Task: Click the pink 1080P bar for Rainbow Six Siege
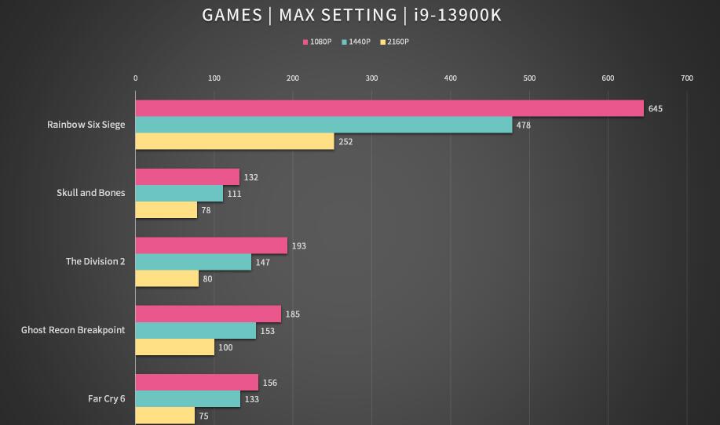(x=389, y=108)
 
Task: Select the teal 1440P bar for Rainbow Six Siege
(x=323, y=125)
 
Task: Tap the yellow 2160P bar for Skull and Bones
(x=166, y=210)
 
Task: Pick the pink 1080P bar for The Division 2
(x=211, y=245)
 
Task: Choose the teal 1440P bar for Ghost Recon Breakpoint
(x=196, y=331)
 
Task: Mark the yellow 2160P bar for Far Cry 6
(x=165, y=416)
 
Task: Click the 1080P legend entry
(x=318, y=42)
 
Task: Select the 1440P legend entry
(x=356, y=42)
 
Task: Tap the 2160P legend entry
(x=395, y=42)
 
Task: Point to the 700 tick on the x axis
(x=687, y=78)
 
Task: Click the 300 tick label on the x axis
(x=371, y=78)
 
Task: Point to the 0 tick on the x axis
(x=136, y=78)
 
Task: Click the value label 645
(x=656, y=108)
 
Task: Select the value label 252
(x=346, y=142)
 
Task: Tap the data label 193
(x=299, y=245)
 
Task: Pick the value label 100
(x=226, y=347)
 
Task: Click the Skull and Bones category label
(x=90, y=193)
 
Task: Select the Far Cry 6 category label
(x=106, y=398)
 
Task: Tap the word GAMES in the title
(x=232, y=15)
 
